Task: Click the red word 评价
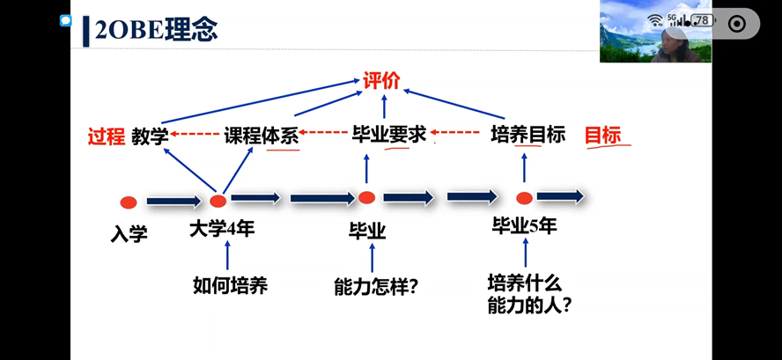tap(381, 81)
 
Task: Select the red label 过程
tap(106, 136)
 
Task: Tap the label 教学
tap(150, 136)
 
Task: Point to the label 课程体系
tap(261, 136)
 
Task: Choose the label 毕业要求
tap(388, 135)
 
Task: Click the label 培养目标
tap(527, 135)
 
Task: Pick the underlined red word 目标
tap(603, 135)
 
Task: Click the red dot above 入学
tap(129, 202)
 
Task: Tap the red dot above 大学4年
tap(218, 201)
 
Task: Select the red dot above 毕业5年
tap(524, 198)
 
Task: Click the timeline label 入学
tap(129, 234)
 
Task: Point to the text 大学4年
tap(222, 230)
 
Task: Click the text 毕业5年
tap(524, 226)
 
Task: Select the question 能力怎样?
tap(376, 287)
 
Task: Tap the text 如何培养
tap(230, 285)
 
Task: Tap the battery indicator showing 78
tap(702, 20)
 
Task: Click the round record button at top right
tap(737, 24)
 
